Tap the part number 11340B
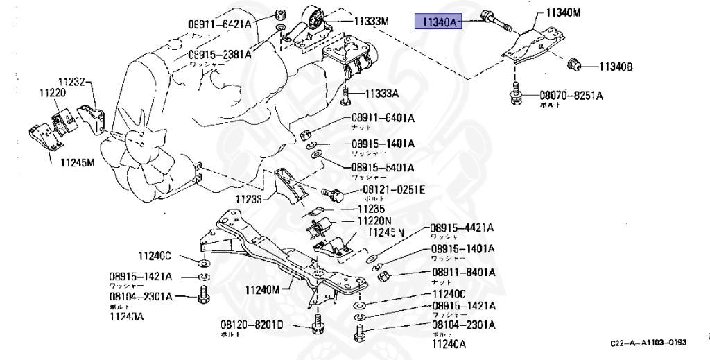click(x=616, y=67)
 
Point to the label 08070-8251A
click(x=572, y=95)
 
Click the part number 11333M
click(x=371, y=21)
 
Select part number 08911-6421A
click(x=220, y=24)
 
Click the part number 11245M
click(x=76, y=164)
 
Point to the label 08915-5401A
click(x=382, y=167)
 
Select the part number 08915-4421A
click(x=462, y=227)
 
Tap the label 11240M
click(x=262, y=289)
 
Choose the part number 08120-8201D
click(x=252, y=325)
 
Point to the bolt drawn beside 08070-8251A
click(x=515, y=96)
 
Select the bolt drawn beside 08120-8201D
click(x=317, y=324)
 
